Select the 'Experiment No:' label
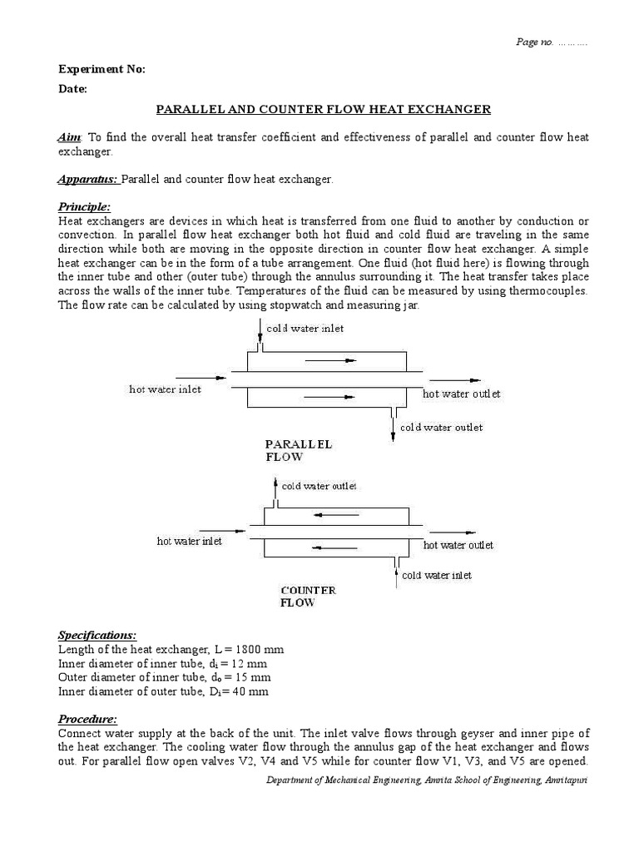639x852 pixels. pyautogui.click(x=102, y=69)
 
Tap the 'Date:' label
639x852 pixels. pyautogui.click(x=72, y=89)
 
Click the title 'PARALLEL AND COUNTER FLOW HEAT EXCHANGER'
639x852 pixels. pyautogui.click(x=324, y=110)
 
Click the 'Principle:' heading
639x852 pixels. pyautogui.click(x=84, y=206)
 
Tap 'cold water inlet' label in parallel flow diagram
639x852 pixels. pyautogui.click(x=305, y=328)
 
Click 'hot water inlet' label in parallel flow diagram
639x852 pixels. pyautogui.click(x=165, y=389)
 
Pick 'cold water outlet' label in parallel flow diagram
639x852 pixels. pyautogui.click(x=441, y=427)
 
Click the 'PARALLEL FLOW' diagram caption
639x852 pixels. pyautogui.click(x=298, y=450)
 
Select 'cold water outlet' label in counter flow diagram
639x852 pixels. pyautogui.click(x=319, y=486)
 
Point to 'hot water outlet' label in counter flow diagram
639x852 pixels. pyautogui.click(x=458, y=545)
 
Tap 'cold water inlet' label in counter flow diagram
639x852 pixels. pyautogui.click(x=436, y=575)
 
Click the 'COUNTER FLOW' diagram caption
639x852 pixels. pyautogui.click(x=308, y=596)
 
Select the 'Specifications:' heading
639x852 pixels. pyautogui.click(x=97, y=636)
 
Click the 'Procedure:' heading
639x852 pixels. pyautogui.click(x=87, y=719)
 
